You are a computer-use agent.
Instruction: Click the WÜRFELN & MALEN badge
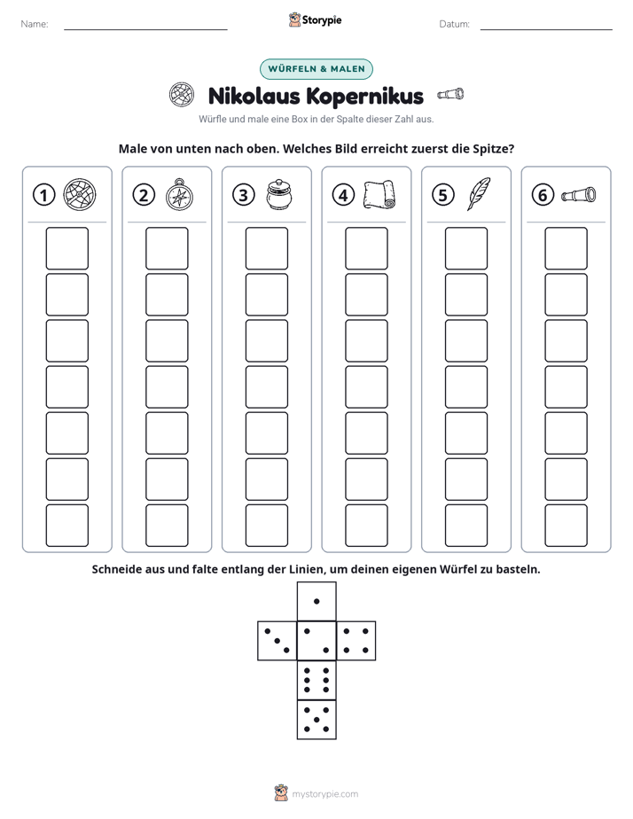click(x=316, y=69)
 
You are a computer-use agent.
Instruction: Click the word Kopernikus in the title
click(x=364, y=97)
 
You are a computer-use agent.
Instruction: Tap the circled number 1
click(x=43, y=195)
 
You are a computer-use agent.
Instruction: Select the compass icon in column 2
click(x=179, y=195)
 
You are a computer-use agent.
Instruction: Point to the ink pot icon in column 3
click(x=279, y=195)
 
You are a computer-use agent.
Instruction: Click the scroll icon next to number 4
click(x=379, y=195)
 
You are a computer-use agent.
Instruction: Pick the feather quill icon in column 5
click(x=479, y=194)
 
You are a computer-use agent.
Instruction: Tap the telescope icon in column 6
click(x=578, y=194)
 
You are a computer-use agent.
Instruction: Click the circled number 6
click(x=543, y=195)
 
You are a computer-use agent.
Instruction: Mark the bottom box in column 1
click(x=66, y=526)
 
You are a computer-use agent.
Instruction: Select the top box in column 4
click(x=366, y=248)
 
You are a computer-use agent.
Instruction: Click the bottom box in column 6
click(x=566, y=526)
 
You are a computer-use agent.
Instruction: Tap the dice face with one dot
click(x=316, y=602)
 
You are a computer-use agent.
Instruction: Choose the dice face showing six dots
click(x=316, y=680)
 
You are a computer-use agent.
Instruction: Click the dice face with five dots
click(x=316, y=720)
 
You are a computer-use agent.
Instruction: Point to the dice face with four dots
click(x=356, y=641)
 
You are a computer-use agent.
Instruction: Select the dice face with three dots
click(x=277, y=641)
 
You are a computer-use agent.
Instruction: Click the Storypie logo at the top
click(x=315, y=19)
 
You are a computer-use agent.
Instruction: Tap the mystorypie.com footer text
click(x=324, y=794)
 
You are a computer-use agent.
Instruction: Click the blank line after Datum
click(x=546, y=29)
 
